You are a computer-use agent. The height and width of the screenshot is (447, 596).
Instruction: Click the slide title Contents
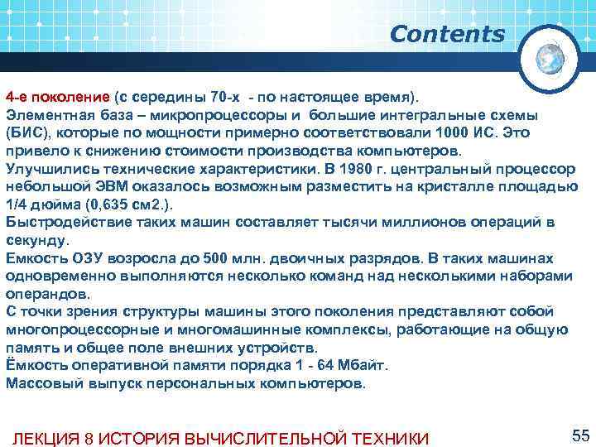pos(447,35)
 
